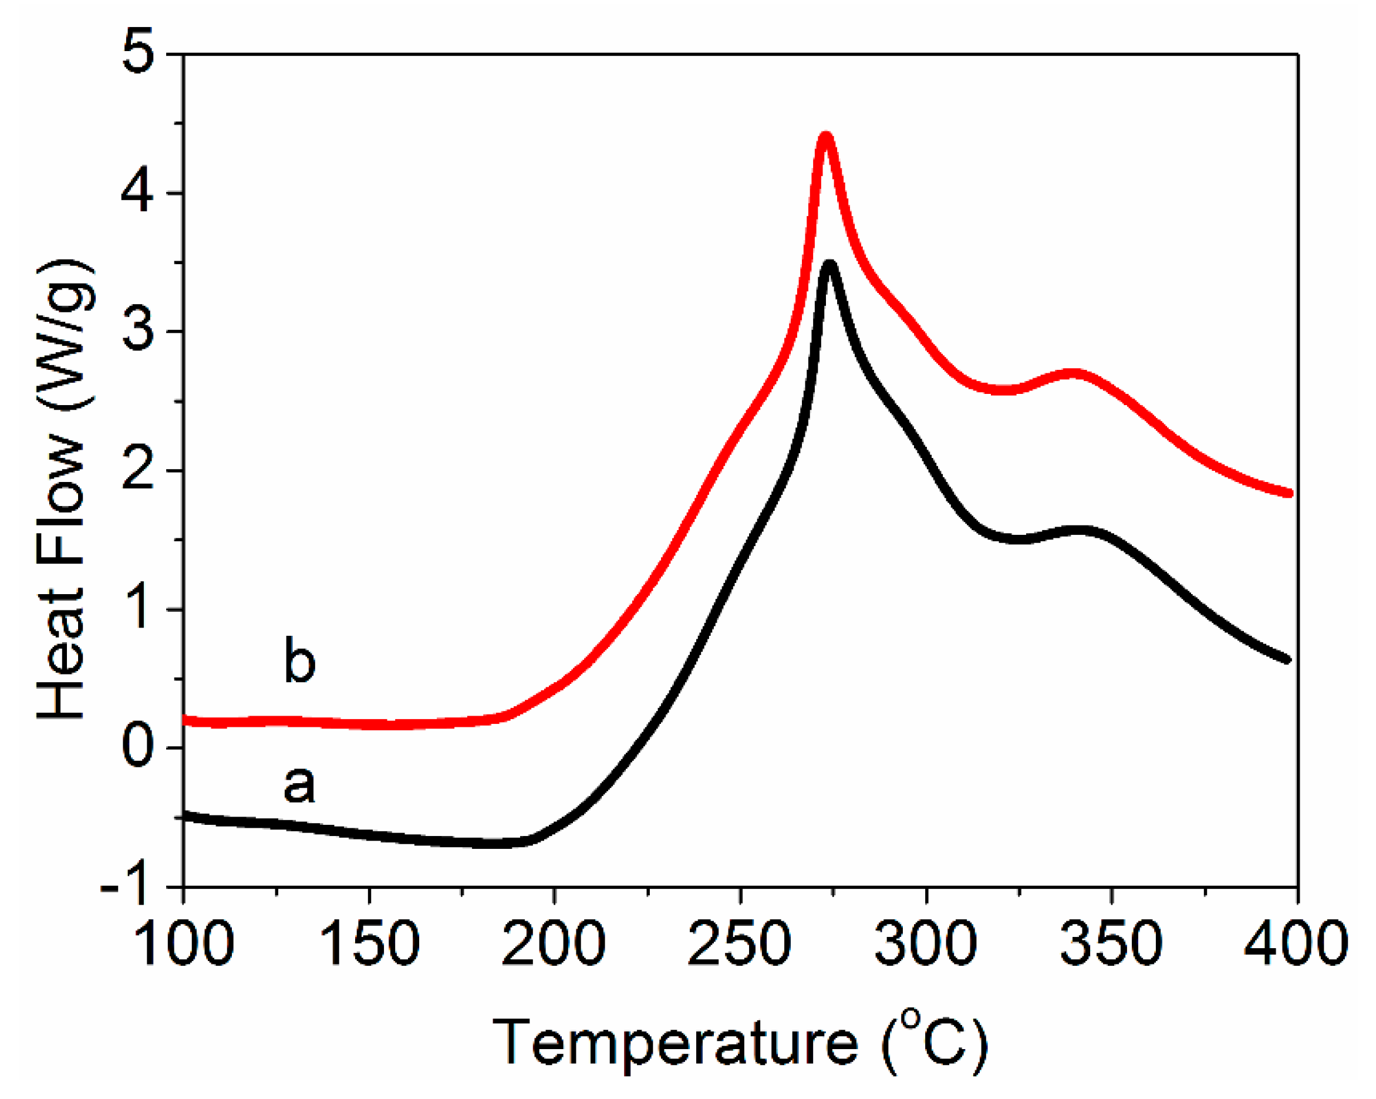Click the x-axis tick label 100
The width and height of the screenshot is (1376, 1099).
tap(184, 943)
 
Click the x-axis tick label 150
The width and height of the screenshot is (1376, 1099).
tap(369, 943)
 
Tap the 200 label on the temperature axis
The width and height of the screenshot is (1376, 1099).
tap(554, 943)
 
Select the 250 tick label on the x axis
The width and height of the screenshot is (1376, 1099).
tap(739, 943)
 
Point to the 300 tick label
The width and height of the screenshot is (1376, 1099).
tap(925, 943)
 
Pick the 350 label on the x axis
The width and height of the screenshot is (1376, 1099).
tap(1111, 943)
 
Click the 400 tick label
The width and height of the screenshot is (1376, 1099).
tap(1296, 943)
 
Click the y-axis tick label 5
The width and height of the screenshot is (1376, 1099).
tap(138, 55)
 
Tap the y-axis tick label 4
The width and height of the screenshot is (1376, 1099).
tap(138, 193)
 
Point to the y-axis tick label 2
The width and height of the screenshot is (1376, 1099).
tap(138, 470)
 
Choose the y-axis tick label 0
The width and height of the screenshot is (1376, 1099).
tap(138, 747)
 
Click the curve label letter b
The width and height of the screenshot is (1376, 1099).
tap(299, 660)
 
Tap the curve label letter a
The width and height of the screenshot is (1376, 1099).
tap(299, 784)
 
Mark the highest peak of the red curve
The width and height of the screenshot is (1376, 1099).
tap(826, 136)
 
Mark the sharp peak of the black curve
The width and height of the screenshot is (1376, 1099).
tap(829, 265)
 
